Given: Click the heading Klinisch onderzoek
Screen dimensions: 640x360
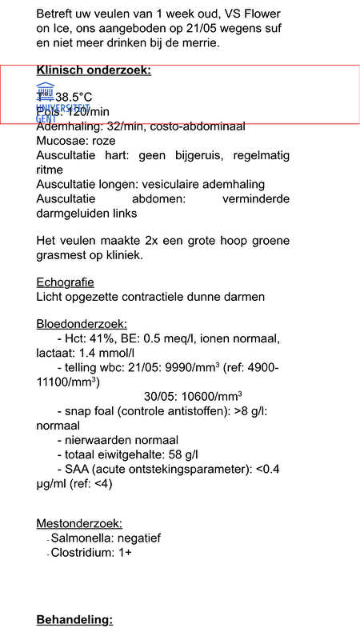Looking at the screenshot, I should [94, 70].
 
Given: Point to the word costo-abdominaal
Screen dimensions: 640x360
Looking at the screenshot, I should [195, 126].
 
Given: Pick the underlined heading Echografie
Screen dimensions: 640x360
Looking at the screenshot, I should [66, 282].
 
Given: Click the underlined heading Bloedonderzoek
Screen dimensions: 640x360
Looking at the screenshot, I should [82, 324].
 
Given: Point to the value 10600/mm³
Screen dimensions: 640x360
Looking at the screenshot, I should [193, 396].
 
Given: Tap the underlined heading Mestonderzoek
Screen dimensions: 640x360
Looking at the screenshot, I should [79, 524].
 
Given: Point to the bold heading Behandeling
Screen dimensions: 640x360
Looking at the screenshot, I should [75, 620].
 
